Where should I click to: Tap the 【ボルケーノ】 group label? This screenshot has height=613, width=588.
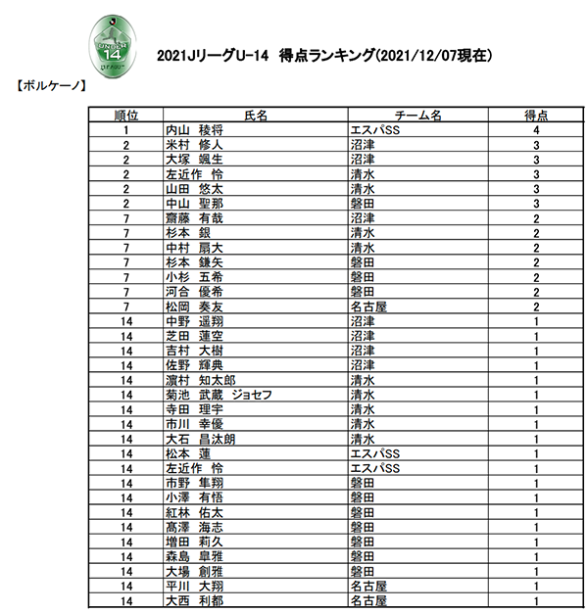[51, 86]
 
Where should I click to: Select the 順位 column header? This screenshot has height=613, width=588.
[125, 115]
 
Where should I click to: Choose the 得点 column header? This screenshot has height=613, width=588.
[536, 115]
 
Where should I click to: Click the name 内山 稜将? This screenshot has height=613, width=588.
[195, 129]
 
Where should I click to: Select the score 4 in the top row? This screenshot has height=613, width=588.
[536, 129]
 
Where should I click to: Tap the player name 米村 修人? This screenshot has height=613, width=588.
[195, 144]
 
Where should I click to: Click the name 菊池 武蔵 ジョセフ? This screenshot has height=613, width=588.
[218, 395]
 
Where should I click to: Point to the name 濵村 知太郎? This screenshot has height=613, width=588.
[201, 380]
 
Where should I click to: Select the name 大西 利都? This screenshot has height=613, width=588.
[195, 600]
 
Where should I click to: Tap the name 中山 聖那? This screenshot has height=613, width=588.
[195, 203]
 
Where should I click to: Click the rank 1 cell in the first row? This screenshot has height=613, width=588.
[125, 129]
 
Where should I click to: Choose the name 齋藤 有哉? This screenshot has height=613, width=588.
[195, 217]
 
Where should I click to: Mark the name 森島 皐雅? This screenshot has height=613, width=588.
[195, 556]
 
